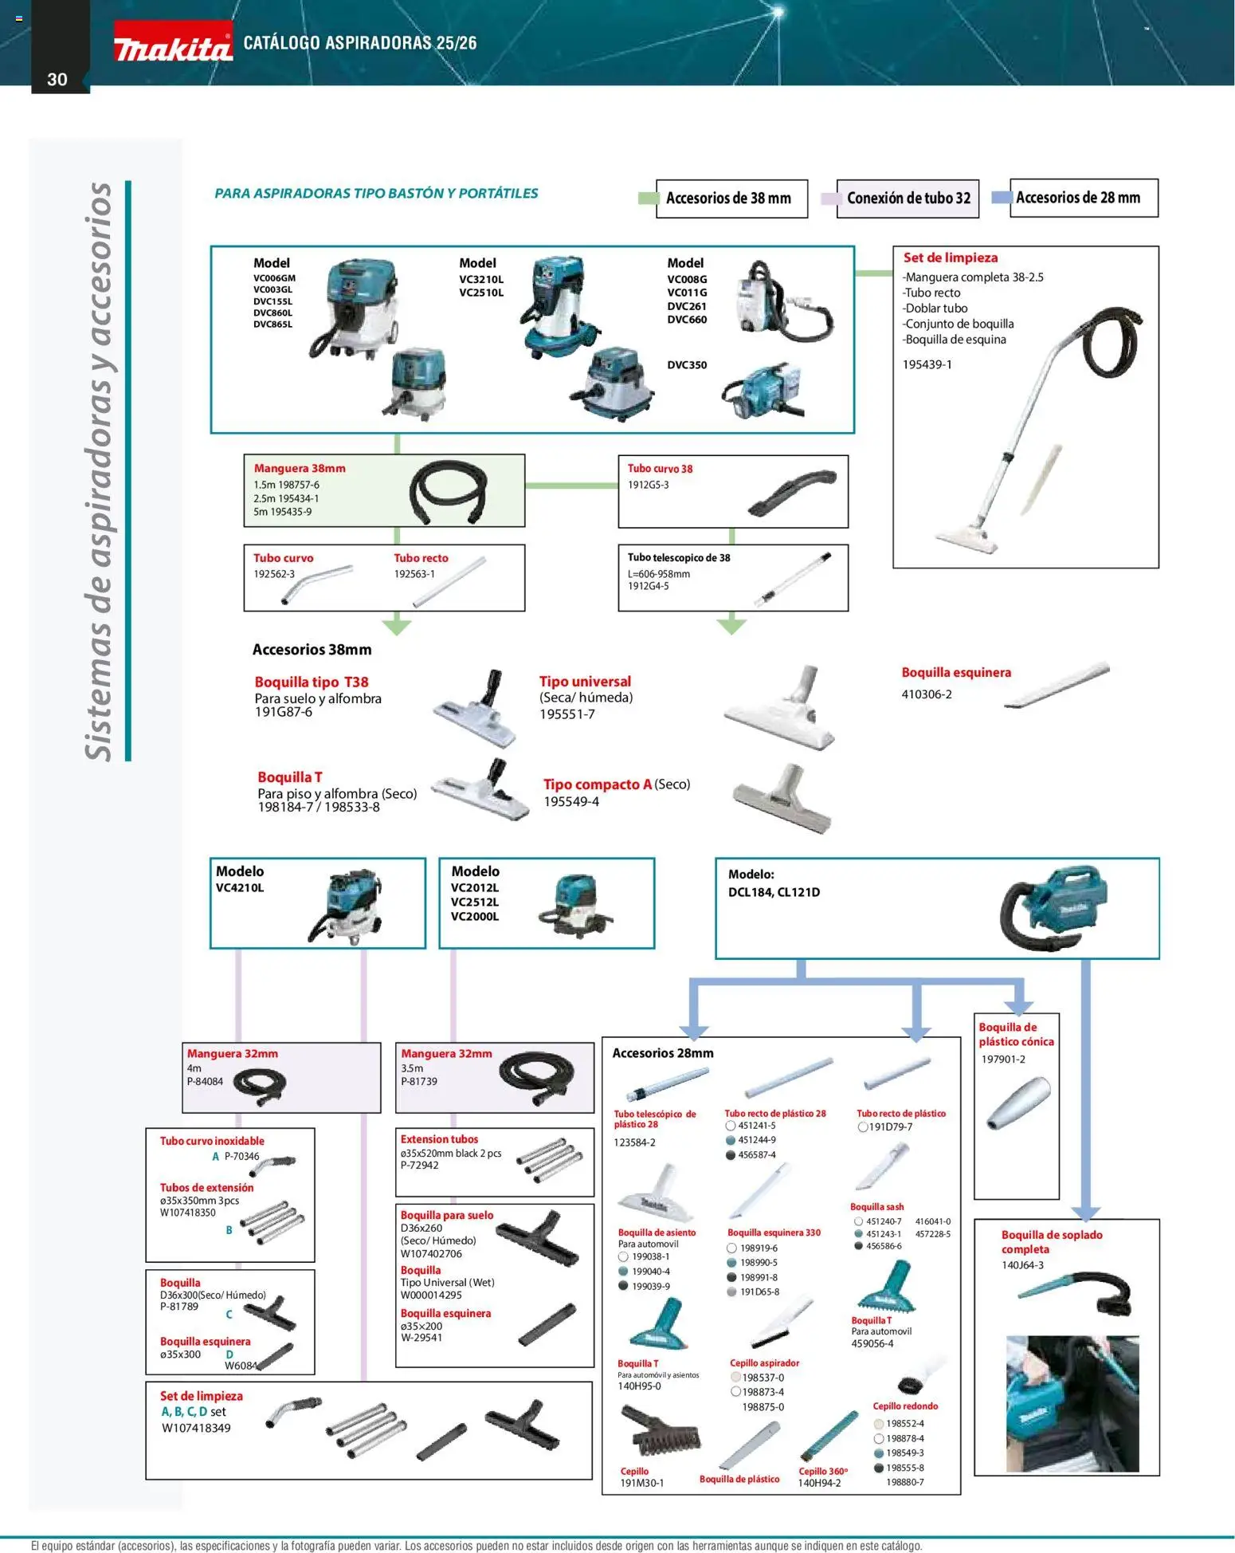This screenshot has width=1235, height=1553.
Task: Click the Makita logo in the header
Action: [x=172, y=46]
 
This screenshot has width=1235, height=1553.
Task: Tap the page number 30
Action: [x=57, y=79]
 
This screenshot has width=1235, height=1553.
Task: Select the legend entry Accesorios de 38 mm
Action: [x=727, y=198]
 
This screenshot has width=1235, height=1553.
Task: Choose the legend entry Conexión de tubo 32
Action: [x=908, y=199]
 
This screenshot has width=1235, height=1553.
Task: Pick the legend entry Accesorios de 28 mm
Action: [x=1077, y=198]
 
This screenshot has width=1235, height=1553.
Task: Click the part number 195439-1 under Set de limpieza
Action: [x=927, y=364]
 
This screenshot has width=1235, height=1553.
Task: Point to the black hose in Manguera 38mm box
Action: [x=447, y=493]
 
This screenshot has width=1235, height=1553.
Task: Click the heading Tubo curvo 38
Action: [x=660, y=469]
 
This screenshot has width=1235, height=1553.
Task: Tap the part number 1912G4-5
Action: [x=648, y=586]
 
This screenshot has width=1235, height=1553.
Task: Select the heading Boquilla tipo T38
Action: [x=311, y=682]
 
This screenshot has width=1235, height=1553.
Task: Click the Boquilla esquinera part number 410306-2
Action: [x=926, y=694]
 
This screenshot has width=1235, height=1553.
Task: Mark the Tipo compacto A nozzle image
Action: [x=782, y=798]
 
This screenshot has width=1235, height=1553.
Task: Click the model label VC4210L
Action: [x=239, y=887]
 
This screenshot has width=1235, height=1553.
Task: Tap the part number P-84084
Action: [x=205, y=1081]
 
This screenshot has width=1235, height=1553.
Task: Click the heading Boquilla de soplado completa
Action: [x=1051, y=1241]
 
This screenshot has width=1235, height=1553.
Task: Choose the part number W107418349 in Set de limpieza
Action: [x=196, y=1428]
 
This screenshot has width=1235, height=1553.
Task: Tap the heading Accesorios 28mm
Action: [x=662, y=1053]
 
